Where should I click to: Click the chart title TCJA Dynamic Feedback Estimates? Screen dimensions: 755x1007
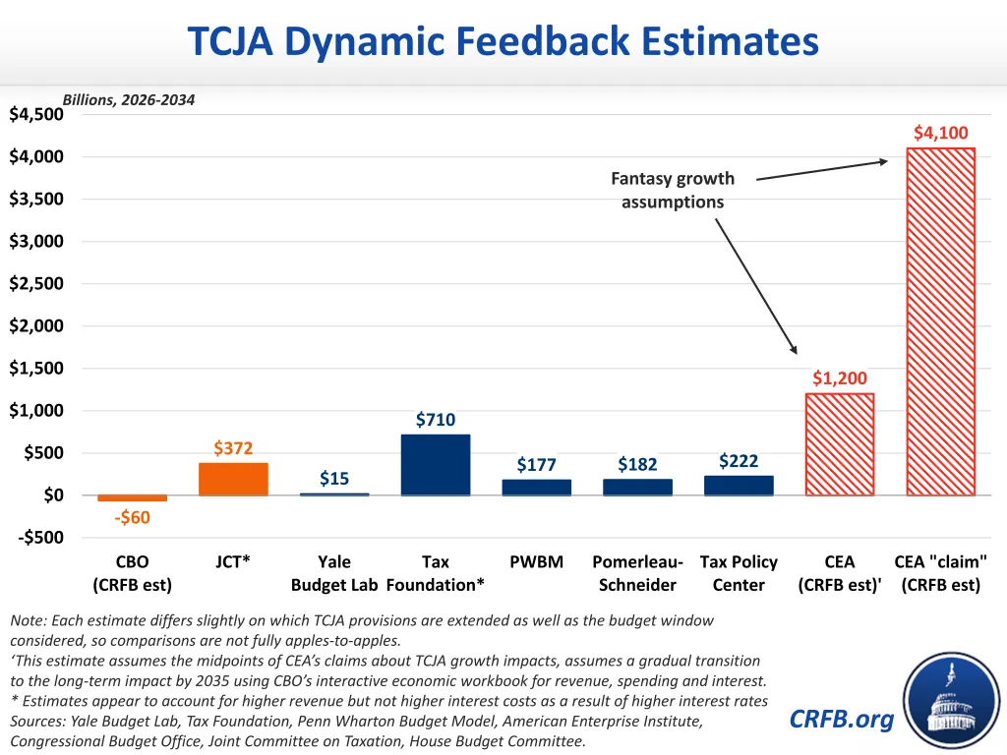503,42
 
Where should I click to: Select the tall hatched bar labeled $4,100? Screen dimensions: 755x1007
941,321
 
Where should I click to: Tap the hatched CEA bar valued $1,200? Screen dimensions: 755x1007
840,444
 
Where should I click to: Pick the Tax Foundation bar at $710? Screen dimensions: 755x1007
436,464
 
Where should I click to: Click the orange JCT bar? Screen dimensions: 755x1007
233,479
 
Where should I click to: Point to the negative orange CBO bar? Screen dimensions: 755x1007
133,498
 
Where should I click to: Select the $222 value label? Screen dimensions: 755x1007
739,461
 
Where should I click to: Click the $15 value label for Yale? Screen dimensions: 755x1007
334,479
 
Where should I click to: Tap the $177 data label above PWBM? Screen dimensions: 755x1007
537,465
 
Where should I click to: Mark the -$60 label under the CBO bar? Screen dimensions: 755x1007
133,518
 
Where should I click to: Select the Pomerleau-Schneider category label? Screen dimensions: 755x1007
637,573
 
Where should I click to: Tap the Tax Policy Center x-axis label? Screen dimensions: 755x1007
739,573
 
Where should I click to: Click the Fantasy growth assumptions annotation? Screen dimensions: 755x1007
673,191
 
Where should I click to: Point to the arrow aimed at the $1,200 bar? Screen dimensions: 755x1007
755,285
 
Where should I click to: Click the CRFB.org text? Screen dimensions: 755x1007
842,720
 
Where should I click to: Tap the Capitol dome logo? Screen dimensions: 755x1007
950,702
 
